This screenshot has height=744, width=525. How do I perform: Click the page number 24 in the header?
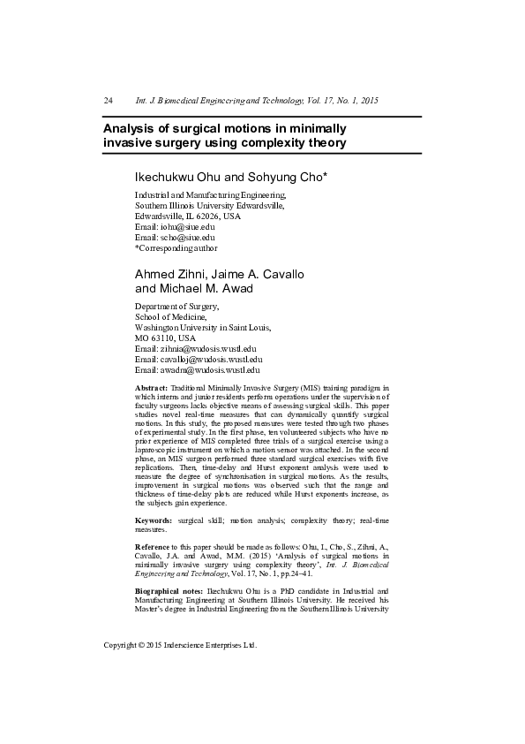(109, 100)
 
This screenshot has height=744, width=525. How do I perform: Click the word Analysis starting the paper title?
(131, 127)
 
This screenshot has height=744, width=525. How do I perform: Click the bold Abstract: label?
(151, 388)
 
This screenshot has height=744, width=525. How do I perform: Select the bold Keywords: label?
(154, 522)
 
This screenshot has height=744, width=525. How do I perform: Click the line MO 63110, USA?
(165, 338)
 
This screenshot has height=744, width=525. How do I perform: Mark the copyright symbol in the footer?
(143, 646)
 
